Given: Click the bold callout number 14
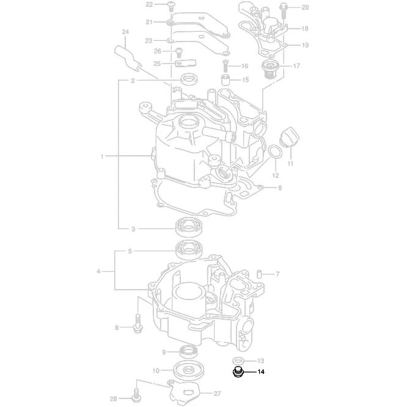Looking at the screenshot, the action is pyautogui.click(x=261, y=372).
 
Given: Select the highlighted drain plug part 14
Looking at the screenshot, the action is pyautogui.click(x=238, y=372).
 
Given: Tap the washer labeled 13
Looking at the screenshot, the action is pyautogui.click(x=238, y=361).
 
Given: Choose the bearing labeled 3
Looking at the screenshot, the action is pyautogui.click(x=189, y=227).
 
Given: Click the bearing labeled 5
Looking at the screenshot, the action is pyautogui.click(x=189, y=250).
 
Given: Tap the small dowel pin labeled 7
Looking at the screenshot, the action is pyautogui.click(x=259, y=274).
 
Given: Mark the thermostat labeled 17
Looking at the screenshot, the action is pyautogui.click(x=271, y=69).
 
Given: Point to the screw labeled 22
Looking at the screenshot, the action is pyautogui.click(x=170, y=6).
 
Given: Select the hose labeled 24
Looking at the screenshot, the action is pyautogui.click(x=128, y=59).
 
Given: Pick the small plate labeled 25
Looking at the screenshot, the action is pyautogui.click(x=186, y=64).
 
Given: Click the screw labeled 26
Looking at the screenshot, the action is pyautogui.click(x=178, y=53).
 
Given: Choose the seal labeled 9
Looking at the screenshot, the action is pyautogui.click(x=189, y=351).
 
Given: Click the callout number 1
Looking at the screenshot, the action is pyautogui.click(x=102, y=156).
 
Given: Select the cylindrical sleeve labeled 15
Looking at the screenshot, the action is pyautogui.click(x=225, y=79).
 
